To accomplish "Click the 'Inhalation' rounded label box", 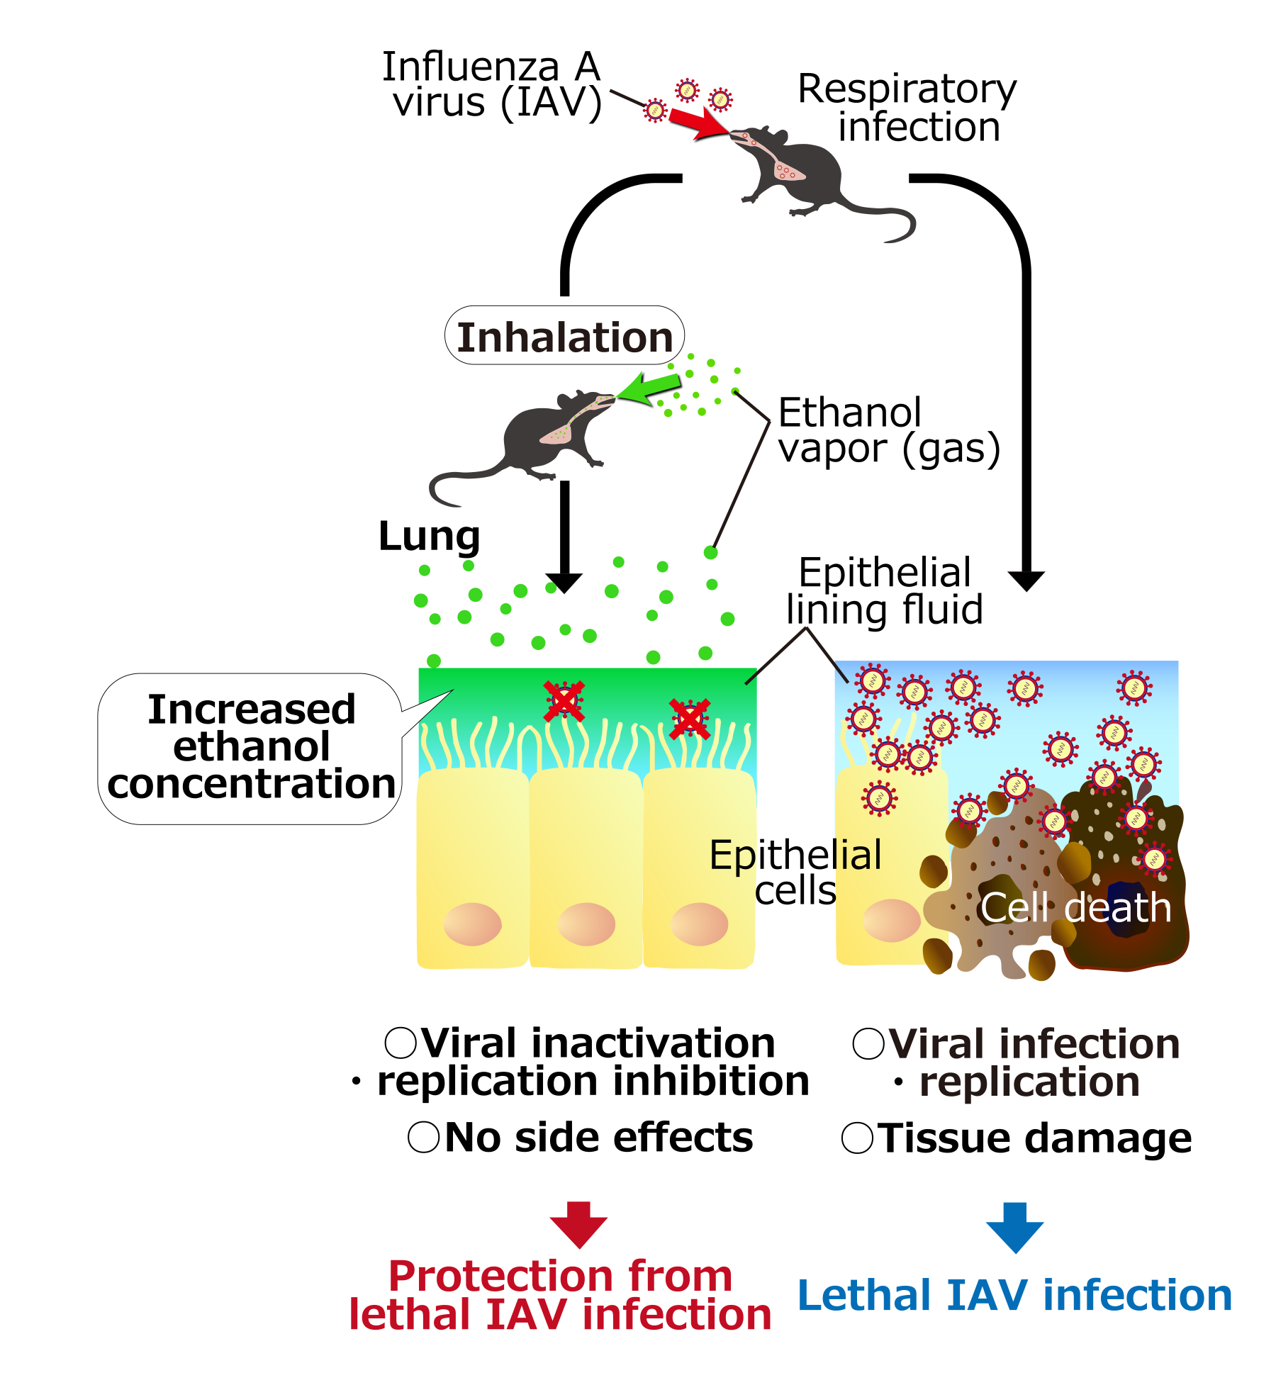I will pos(564,336).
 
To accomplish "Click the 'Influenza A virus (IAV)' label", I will pos(492,85).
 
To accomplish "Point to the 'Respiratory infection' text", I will pos(907,108).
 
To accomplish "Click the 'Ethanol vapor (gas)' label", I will pos(889,431).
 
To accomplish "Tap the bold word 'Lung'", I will pos(430,536).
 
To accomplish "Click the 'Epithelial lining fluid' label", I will pos(885,591).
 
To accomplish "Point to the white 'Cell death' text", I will pos(1075,908).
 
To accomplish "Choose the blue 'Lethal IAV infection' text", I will pos(1014,1296).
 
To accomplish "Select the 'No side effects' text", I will pos(598,1138).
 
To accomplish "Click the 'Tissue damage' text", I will pos(1034,1138).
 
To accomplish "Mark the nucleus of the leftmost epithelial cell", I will pos(472,924).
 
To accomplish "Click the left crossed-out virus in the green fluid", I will pos(564,701).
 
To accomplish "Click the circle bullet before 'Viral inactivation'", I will pos(401,1043).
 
